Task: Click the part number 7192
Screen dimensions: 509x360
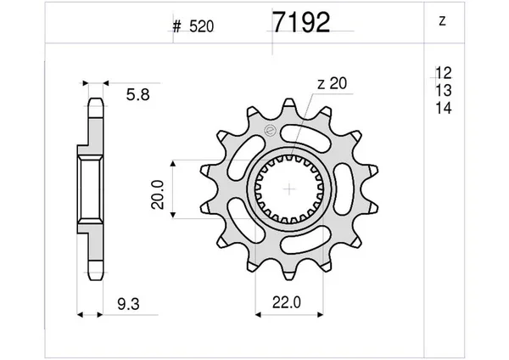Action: (x=301, y=22)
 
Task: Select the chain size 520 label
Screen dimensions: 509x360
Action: (x=202, y=26)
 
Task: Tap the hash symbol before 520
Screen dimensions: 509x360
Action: (x=176, y=26)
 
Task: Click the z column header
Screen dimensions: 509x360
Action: (x=442, y=21)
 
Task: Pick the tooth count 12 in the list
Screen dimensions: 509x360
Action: (x=444, y=73)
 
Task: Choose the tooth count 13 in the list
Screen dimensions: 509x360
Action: (x=444, y=90)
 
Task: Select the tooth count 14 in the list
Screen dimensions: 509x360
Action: (x=444, y=108)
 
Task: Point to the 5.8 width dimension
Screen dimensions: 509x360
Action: (x=138, y=95)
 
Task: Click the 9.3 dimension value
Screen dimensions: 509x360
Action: (x=129, y=305)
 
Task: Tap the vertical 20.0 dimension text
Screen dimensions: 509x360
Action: (x=158, y=194)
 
